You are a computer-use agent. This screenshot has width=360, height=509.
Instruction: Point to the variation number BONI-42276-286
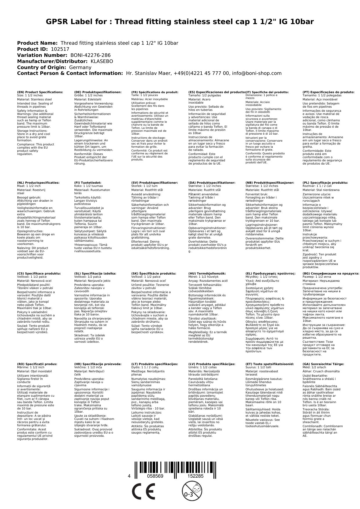point(91,55)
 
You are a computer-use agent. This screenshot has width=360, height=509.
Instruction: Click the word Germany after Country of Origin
point(80,67)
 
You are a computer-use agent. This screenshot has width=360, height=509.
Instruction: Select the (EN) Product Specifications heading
point(40,92)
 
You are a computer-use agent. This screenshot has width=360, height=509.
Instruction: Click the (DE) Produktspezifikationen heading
point(98,92)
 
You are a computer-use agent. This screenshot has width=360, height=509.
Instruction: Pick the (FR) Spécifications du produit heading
point(155,92)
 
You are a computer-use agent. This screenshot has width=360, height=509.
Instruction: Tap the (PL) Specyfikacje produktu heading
point(325,183)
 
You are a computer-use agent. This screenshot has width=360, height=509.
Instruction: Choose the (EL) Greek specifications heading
point(270,273)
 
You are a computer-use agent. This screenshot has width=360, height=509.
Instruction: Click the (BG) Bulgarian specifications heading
point(331,273)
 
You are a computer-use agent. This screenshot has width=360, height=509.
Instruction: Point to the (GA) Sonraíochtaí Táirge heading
point(323,364)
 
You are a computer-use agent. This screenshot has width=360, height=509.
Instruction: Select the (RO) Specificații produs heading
point(37,364)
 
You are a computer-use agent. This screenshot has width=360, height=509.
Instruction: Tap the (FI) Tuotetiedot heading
point(88,183)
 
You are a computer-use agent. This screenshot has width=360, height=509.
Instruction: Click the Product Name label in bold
point(37,43)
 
